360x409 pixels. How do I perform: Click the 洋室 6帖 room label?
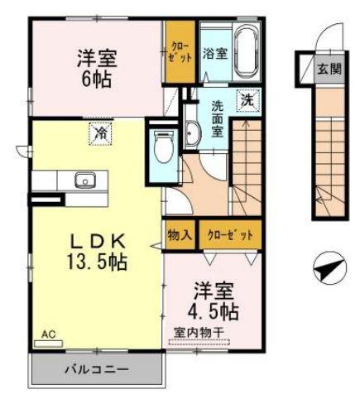pos(97,70)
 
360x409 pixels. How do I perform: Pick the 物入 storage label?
pos(180,234)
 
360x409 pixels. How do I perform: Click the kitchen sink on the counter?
pos(84,180)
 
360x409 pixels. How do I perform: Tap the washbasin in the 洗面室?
pos(191,133)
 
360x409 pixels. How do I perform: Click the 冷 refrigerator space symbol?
pos(100,132)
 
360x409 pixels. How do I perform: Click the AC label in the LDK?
pos(49,335)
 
